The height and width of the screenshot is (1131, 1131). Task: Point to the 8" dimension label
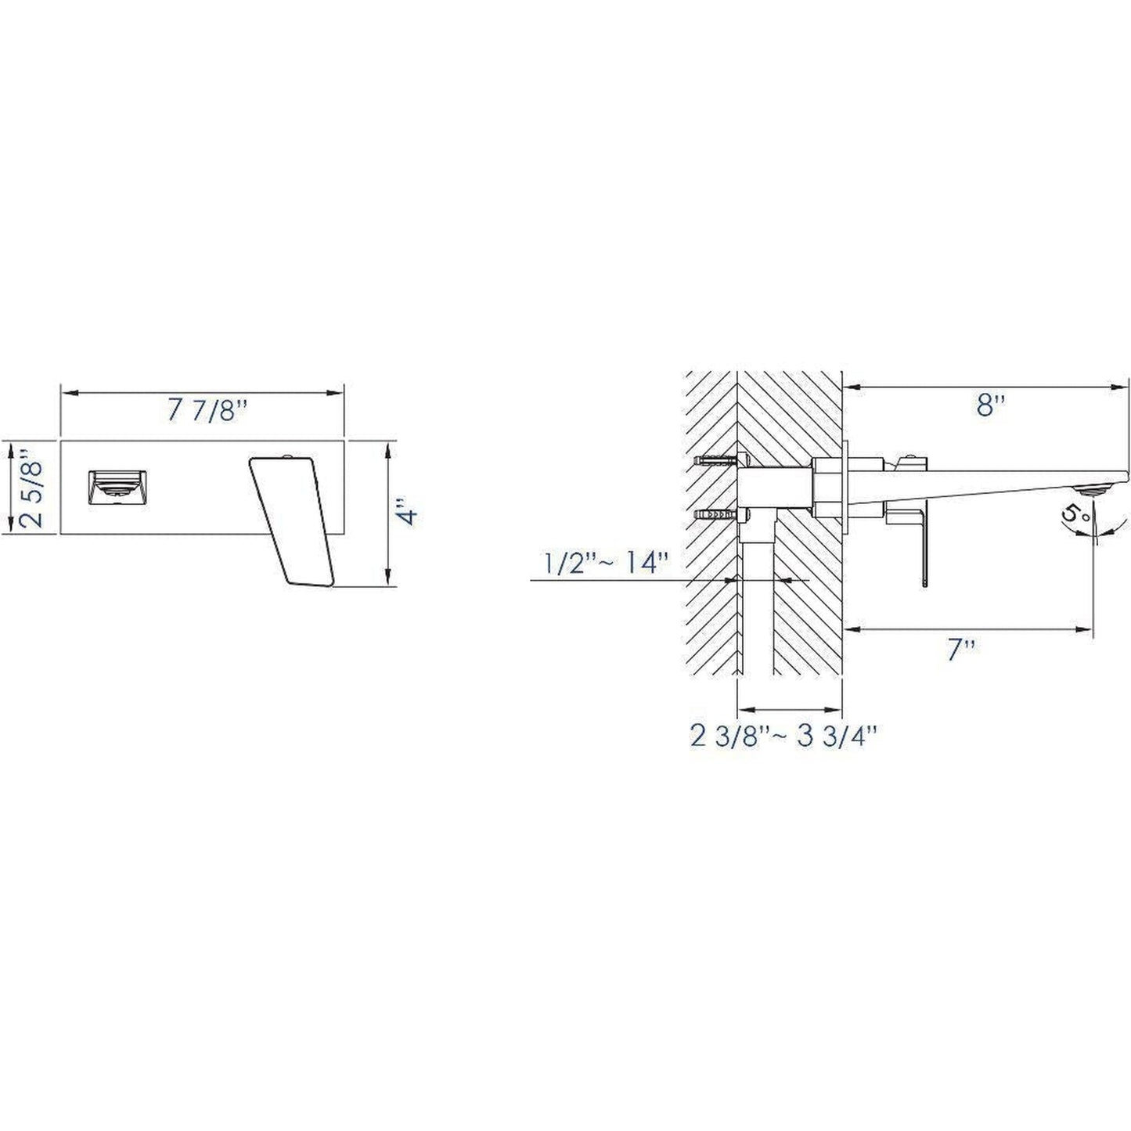click(989, 405)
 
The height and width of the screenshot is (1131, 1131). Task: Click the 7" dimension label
click(960, 649)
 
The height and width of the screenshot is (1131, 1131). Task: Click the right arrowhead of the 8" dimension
click(1124, 386)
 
